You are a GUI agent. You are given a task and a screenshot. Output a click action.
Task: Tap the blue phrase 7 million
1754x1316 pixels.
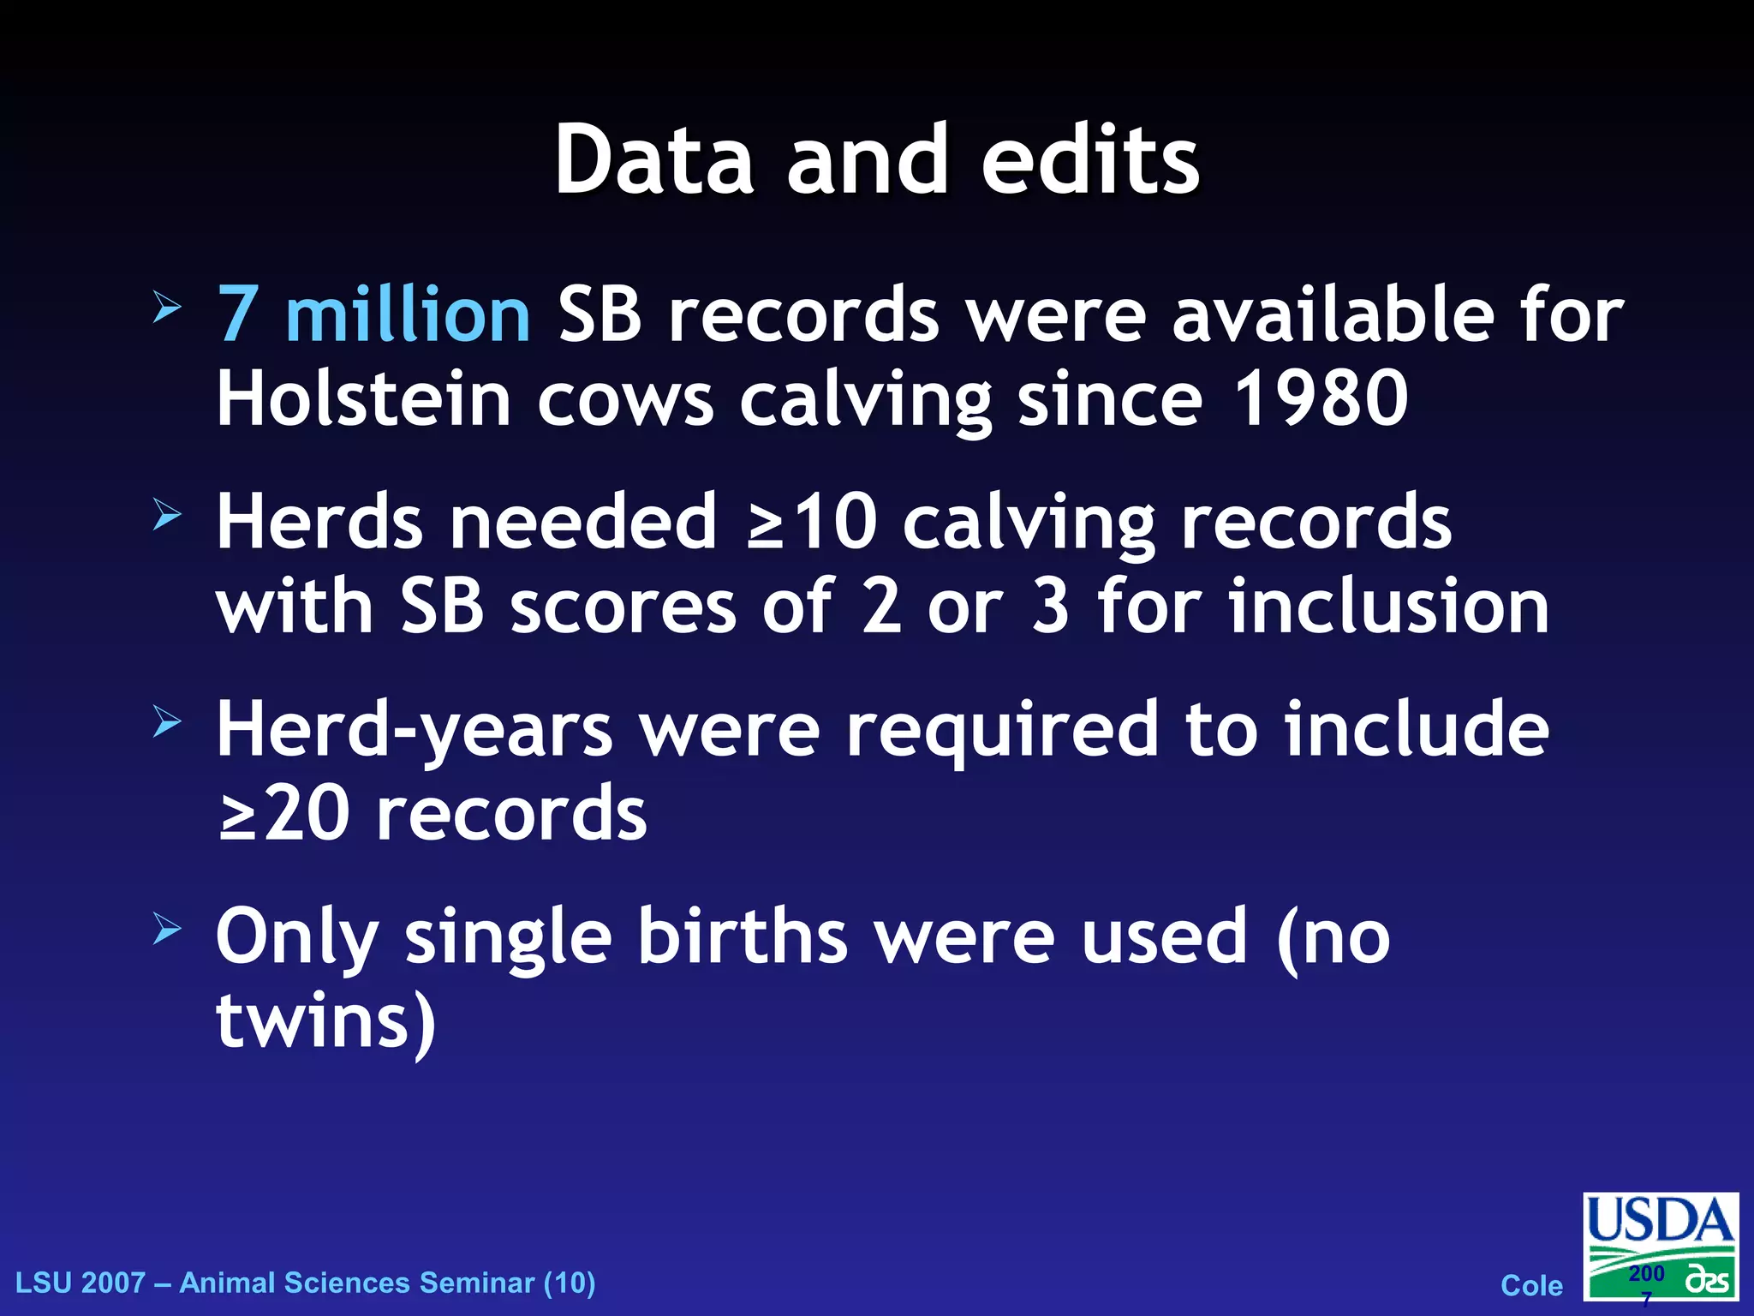click(x=373, y=315)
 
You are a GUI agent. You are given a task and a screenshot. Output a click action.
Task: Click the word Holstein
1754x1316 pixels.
click(x=363, y=398)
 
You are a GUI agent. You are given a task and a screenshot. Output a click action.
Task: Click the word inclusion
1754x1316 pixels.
click(x=1388, y=606)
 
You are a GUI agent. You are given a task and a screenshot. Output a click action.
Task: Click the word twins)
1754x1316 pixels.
click(x=326, y=1020)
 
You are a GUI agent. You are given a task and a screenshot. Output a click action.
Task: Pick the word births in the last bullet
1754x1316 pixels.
click(x=742, y=936)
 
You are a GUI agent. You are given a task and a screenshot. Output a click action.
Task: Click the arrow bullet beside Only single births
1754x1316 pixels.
click(x=167, y=929)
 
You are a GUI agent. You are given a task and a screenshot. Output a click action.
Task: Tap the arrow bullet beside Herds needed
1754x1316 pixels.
click(x=167, y=515)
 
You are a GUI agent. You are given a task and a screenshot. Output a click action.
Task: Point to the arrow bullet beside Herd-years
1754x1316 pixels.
click(x=167, y=722)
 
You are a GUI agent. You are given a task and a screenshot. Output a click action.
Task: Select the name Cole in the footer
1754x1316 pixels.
click(x=1531, y=1285)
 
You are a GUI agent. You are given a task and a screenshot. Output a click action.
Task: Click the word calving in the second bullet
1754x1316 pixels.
click(x=1029, y=523)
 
